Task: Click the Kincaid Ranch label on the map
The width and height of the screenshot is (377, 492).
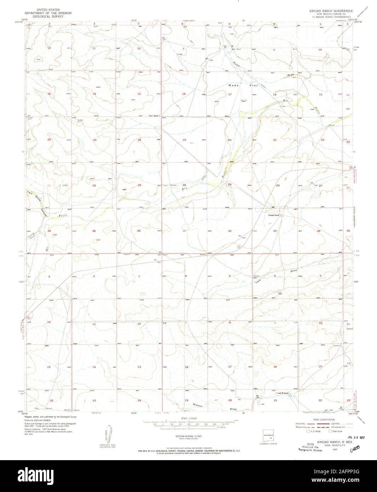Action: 274,215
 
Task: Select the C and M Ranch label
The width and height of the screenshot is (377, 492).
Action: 282,393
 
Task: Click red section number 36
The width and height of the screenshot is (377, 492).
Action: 139,231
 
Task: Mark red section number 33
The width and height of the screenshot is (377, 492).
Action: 275,231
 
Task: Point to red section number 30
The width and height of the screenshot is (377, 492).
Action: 184,185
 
